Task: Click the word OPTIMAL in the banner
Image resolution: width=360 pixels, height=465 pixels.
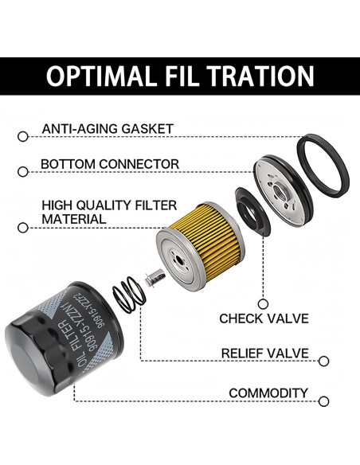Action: point(101,76)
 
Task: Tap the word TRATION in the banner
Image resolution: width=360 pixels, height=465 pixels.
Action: point(261,76)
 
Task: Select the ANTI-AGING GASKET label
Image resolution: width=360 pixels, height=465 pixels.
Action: point(108,129)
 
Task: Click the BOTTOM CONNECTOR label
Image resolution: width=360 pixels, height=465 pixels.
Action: point(110,164)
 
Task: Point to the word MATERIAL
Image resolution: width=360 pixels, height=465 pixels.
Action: point(74,219)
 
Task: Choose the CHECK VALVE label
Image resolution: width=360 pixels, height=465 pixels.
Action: point(264,318)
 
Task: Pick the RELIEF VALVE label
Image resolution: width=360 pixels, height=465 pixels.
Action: point(264,354)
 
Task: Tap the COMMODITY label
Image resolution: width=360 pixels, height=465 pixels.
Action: point(268,393)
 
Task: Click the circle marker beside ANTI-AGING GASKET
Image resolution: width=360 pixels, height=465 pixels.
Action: point(23,137)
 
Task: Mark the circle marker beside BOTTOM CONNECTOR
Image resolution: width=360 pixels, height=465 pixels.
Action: point(23,172)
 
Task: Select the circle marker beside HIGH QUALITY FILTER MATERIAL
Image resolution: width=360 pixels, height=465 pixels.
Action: point(23,228)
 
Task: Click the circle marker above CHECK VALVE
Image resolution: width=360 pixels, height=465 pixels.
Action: point(263,304)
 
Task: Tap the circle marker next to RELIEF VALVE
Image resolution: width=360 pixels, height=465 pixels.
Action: point(323,361)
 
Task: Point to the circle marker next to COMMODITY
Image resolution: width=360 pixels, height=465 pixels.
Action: point(323,401)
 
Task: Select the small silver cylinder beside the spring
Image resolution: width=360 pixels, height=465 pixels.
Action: point(155,278)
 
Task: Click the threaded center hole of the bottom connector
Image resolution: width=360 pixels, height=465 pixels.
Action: point(280,190)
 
